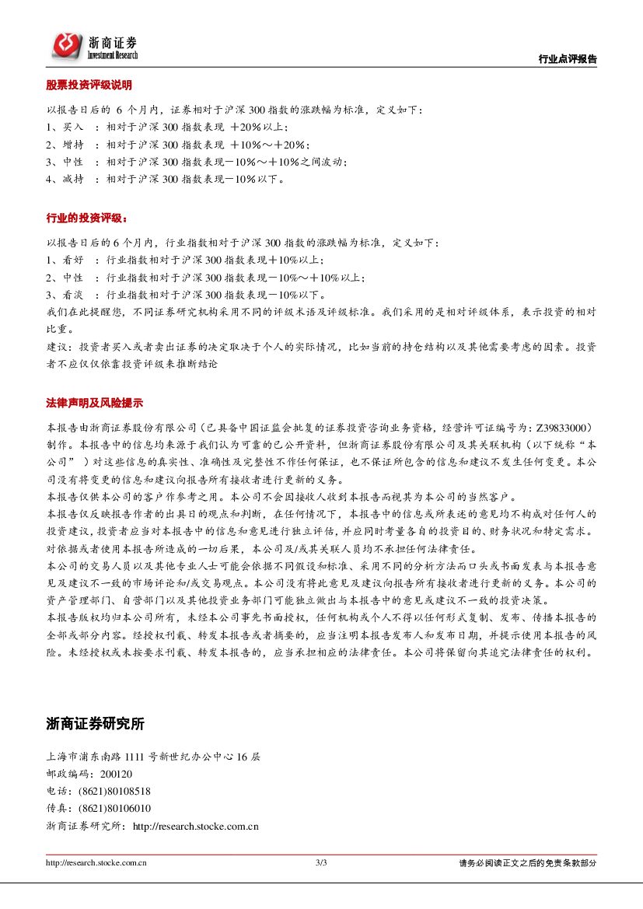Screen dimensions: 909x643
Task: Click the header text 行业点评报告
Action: [x=568, y=59]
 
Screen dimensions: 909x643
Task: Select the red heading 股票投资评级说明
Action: [x=89, y=85]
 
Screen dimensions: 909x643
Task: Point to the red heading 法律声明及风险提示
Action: [x=94, y=404]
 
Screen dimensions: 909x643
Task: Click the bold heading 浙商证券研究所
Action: [x=96, y=724]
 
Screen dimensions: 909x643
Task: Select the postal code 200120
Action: [x=116, y=774]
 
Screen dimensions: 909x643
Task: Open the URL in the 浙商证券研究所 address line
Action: [x=195, y=827]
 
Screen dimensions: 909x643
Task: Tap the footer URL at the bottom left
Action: [x=96, y=862]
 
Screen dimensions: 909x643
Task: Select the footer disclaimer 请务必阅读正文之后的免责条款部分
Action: [x=527, y=863]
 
